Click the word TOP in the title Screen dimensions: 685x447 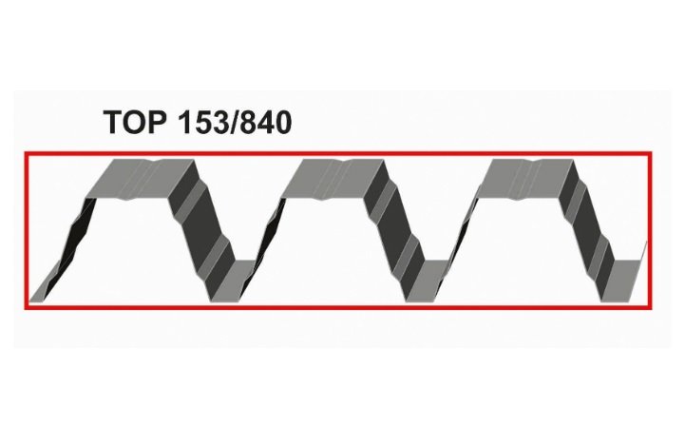point(136,122)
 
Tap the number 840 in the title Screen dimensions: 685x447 point(266,122)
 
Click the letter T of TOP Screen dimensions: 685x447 point(113,122)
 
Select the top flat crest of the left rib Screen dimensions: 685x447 point(140,180)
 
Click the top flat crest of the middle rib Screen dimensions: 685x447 point(333,180)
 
